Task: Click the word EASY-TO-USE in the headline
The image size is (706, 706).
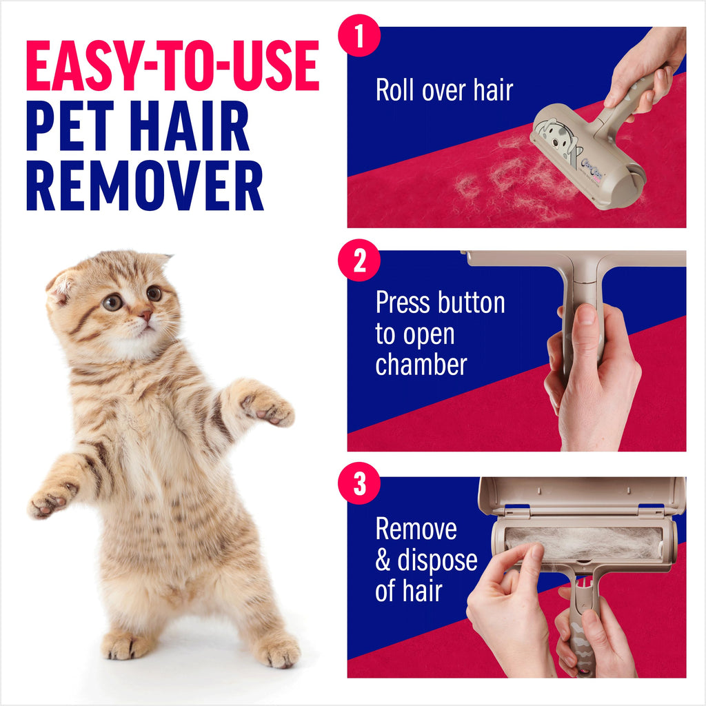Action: [172, 67]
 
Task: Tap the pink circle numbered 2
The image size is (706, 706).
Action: [359, 263]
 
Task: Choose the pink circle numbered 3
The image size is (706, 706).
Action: [359, 485]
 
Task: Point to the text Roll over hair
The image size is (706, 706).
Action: [444, 90]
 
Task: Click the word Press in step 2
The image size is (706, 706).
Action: [407, 303]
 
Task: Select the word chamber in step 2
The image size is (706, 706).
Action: [421, 364]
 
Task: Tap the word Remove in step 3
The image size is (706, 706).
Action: [416, 529]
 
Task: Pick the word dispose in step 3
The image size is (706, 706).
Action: [437, 560]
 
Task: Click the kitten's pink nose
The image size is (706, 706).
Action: [146, 315]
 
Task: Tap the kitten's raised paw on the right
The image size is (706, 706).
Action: [272, 408]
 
